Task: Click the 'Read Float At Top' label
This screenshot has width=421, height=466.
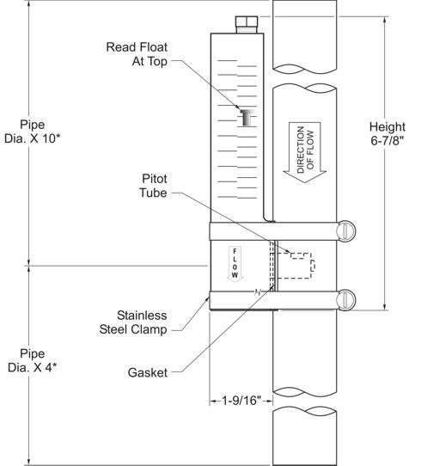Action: point(137,54)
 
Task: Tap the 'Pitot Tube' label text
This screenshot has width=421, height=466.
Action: point(153,186)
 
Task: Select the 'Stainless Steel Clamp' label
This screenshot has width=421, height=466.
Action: point(133,322)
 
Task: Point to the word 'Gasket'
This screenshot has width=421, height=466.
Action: point(148,372)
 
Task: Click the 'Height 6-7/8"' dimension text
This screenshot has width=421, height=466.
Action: point(387,133)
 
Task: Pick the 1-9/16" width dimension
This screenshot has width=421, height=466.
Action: point(241,401)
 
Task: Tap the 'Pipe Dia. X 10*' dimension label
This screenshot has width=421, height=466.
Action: point(32,132)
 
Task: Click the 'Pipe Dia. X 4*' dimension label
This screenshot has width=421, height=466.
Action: point(32,360)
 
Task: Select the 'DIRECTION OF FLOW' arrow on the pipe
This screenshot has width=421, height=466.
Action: point(305,151)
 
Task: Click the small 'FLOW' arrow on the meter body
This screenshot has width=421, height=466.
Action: point(235,264)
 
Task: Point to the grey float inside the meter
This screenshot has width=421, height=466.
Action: point(246,118)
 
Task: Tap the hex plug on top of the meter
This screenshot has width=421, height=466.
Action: point(247,24)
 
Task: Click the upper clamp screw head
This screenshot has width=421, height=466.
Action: point(346,230)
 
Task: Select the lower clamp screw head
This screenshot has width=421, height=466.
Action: point(345,299)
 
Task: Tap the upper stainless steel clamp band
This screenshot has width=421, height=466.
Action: point(273,231)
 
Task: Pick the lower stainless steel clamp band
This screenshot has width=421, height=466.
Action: point(273,300)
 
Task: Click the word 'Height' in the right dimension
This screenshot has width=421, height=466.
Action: point(387,127)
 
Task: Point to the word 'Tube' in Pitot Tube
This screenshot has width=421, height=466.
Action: point(153,193)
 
